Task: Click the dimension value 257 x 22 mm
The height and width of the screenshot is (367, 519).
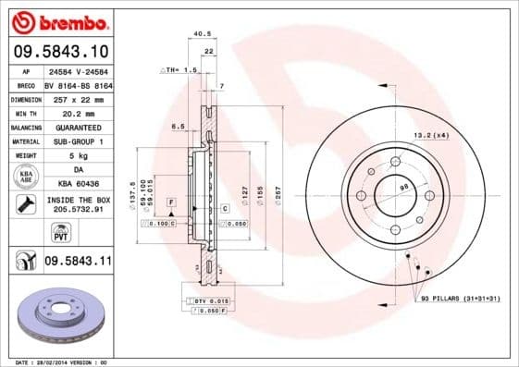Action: point(77,97)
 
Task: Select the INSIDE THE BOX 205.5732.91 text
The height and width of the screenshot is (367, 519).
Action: point(78,205)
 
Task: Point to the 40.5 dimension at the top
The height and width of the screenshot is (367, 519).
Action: point(201,36)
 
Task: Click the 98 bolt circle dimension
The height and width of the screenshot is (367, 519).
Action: point(403,189)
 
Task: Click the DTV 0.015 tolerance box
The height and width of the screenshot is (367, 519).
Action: point(209,301)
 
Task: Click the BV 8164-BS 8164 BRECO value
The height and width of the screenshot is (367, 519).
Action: point(77,83)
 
